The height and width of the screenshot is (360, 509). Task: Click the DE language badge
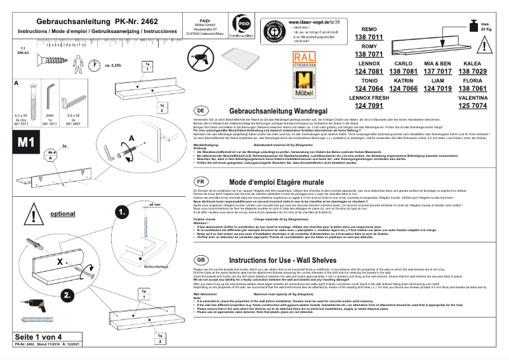point(199,110)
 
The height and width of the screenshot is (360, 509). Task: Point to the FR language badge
point(199,181)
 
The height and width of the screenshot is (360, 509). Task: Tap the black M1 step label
point(26,142)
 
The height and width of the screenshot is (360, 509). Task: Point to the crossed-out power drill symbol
point(199,61)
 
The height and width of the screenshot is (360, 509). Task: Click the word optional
point(62,214)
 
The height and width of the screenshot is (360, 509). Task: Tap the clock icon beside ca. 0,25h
point(95,65)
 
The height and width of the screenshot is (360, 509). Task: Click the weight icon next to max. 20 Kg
point(472,27)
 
